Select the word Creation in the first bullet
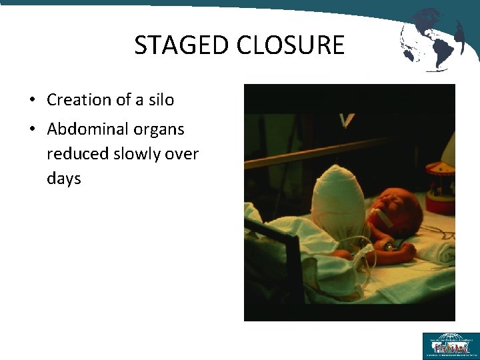(78, 100)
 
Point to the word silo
(161, 100)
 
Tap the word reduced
(75, 153)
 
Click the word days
(64, 178)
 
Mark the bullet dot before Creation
(31, 101)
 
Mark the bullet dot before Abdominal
(31, 129)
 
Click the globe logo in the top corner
(431, 39)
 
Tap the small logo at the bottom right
(450, 345)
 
